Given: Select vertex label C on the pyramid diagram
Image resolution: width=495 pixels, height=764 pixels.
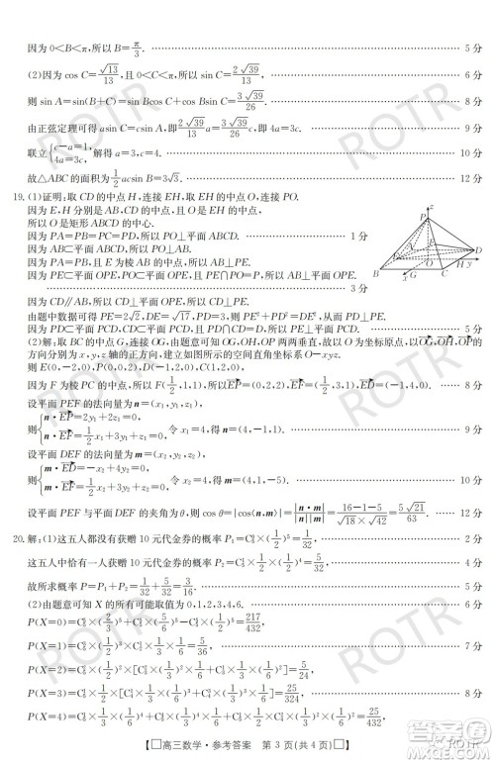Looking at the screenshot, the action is pos(444,274).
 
